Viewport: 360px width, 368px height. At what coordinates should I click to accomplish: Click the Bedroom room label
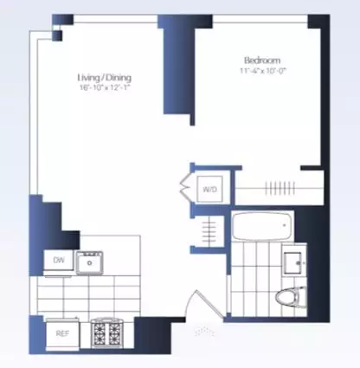point(262,60)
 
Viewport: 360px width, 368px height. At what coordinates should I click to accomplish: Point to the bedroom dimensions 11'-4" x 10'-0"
point(262,71)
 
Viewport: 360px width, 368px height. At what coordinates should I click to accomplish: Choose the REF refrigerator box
point(62,332)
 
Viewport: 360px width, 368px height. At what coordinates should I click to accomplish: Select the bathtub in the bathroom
point(261,229)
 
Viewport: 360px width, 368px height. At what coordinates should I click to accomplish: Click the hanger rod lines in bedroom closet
point(279,188)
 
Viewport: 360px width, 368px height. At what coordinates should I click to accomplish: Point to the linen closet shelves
point(209,230)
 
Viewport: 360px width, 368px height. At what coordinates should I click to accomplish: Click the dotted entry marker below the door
point(204,330)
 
